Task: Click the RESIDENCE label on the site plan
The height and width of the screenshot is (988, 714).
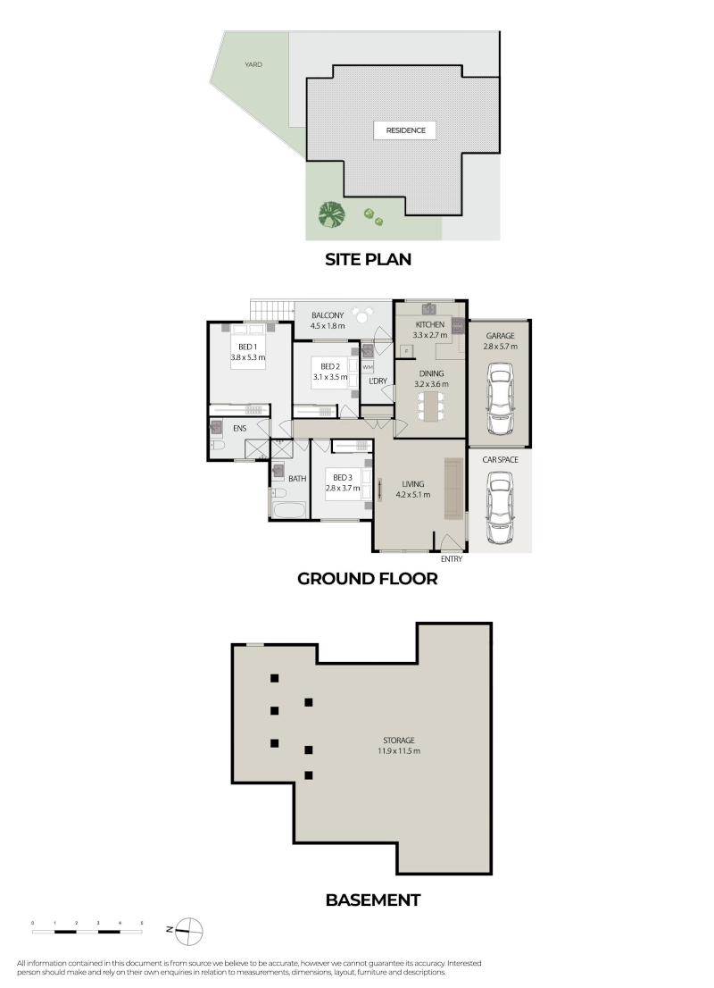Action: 405,130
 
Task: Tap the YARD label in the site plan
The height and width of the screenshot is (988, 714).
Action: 253,64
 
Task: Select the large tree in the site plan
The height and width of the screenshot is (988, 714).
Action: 332,214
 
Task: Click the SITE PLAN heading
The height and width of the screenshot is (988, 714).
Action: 368,259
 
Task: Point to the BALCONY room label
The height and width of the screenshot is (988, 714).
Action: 328,315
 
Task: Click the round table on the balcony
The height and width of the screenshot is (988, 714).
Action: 362,314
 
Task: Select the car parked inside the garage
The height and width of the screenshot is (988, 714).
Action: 499,403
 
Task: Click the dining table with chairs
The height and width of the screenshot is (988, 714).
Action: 431,406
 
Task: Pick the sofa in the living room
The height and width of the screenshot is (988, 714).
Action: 454,489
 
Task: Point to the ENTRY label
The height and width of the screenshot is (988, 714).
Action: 452,559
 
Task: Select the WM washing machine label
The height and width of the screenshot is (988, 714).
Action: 368,367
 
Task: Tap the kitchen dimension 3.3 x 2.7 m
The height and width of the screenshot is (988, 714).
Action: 430,335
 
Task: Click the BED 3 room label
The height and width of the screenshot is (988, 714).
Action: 343,478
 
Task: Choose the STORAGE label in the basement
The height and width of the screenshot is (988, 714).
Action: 399,741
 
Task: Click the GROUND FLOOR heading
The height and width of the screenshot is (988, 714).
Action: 367,579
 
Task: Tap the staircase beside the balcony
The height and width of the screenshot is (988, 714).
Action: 272,310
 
